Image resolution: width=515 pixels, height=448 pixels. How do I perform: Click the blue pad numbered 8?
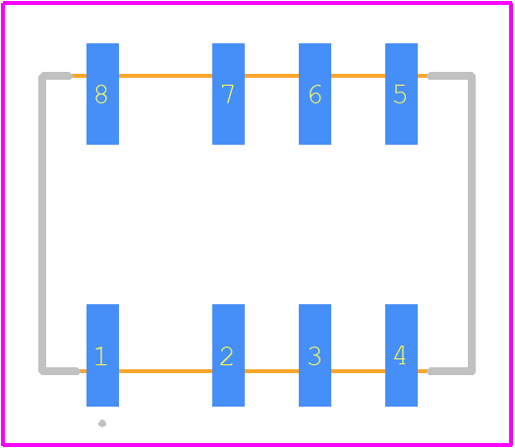(x=102, y=94)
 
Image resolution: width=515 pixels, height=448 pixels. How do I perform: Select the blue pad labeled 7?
(x=228, y=94)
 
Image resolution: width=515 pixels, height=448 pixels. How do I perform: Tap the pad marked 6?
(x=315, y=94)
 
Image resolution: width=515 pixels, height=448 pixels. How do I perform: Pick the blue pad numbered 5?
(x=401, y=94)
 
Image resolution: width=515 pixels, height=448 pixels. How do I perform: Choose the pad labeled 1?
(x=102, y=355)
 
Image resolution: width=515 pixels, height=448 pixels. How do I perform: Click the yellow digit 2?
(x=227, y=355)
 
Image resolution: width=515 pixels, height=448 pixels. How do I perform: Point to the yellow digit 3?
(x=315, y=355)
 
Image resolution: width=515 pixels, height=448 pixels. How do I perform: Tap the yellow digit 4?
(x=400, y=355)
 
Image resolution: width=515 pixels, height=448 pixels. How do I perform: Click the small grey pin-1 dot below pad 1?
(x=102, y=423)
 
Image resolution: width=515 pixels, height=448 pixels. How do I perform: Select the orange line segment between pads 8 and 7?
(x=165, y=76)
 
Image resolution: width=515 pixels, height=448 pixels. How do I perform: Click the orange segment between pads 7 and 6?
(x=271, y=76)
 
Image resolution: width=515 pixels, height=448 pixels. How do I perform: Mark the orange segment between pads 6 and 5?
(x=358, y=76)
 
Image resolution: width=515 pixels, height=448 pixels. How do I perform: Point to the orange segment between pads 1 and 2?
(x=165, y=371)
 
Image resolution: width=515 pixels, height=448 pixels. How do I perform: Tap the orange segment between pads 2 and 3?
(x=271, y=371)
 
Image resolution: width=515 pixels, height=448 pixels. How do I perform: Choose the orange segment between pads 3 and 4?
(x=358, y=371)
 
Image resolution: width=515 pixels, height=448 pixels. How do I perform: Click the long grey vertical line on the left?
(x=42, y=224)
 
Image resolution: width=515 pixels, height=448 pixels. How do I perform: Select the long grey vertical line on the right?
(x=472, y=224)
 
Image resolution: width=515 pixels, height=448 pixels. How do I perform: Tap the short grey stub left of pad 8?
(x=56, y=76)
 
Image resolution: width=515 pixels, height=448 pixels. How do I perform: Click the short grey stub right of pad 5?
(x=450, y=76)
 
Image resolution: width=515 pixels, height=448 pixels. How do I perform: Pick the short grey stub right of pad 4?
(x=450, y=371)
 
